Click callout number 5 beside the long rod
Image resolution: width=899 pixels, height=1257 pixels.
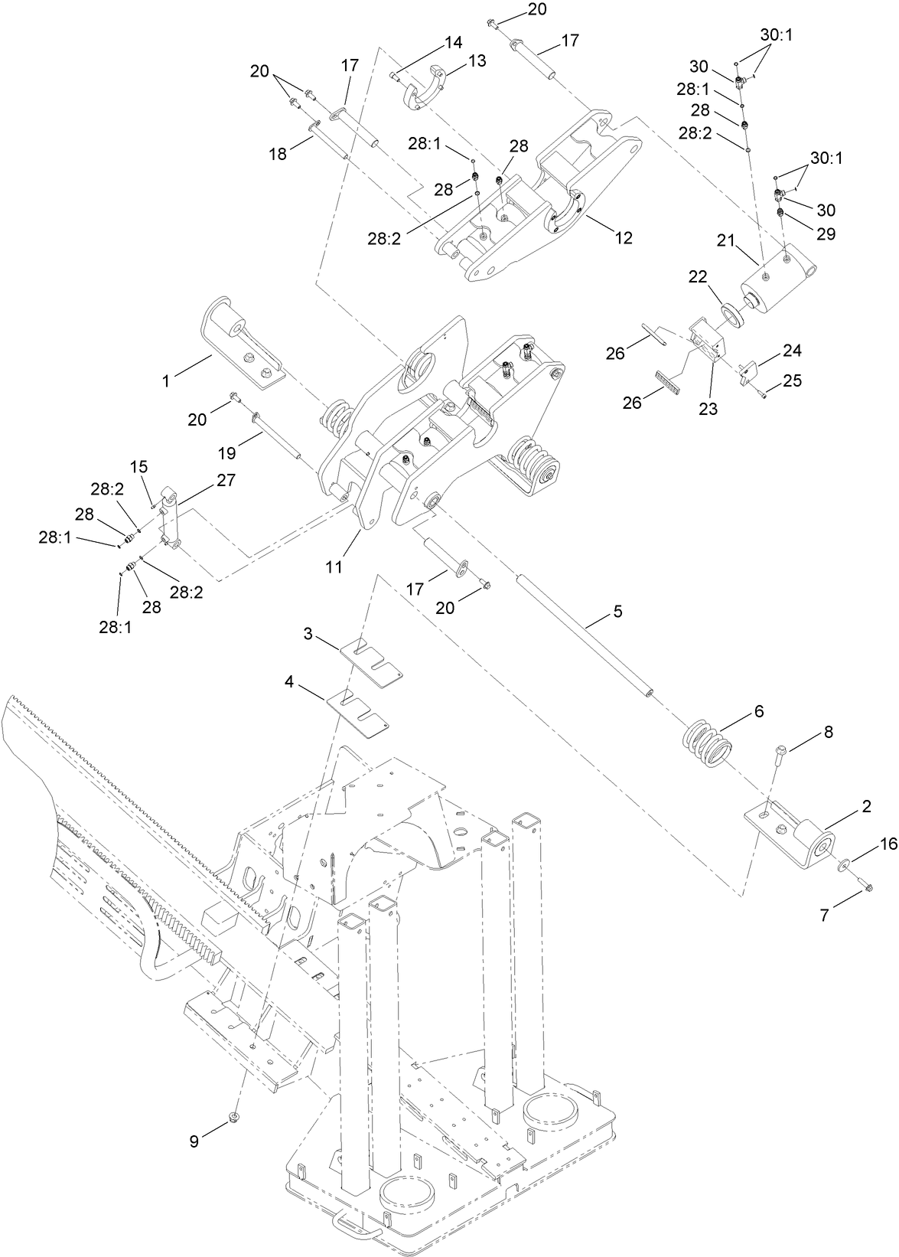[617, 612]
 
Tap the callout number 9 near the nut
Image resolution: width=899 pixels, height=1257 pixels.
[194, 1141]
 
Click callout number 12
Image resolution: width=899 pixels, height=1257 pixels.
[624, 237]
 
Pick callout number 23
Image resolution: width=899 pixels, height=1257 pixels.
[708, 409]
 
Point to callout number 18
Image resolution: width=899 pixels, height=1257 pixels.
[278, 154]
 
